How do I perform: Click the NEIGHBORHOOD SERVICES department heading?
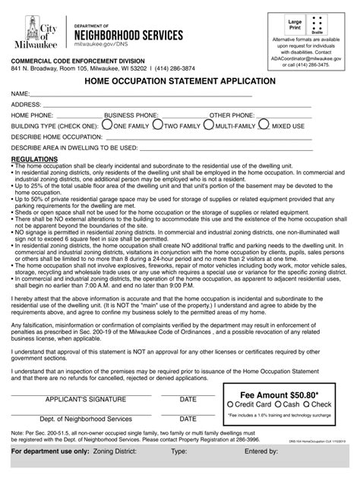point(128,35)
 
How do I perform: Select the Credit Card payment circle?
point(229,405)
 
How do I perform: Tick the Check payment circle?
point(312,405)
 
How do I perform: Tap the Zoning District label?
point(103,452)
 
